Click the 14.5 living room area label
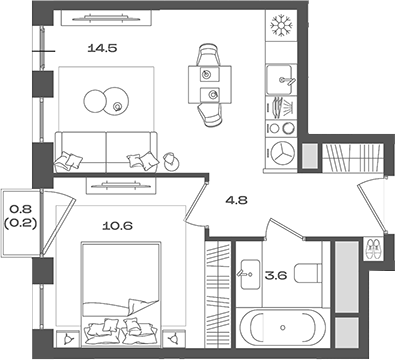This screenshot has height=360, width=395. tap(102, 48)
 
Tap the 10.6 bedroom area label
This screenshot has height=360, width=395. tap(117, 226)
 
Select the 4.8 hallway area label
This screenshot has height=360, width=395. tap(236, 200)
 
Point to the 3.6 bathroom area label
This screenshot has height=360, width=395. tap(276, 275)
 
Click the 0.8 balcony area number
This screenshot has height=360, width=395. tap(20, 209)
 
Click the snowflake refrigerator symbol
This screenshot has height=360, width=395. tap(281, 25)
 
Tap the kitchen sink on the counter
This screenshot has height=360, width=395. tap(280, 80)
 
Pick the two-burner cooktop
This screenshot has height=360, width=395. tap(282, 128)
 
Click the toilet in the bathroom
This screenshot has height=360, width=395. tap(308, 274)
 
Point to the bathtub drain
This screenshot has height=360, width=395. tap(283, 328)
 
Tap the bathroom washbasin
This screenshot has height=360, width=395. tap(249, 275)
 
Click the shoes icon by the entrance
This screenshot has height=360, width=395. tap(373, 248)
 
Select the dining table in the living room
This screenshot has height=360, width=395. tap(210, 85)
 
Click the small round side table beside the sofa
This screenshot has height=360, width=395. tap(172, 162)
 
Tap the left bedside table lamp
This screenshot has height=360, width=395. tap(68, 339)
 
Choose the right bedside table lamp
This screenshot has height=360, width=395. tap(174, 339)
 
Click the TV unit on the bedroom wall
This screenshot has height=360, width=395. tap(121, 185)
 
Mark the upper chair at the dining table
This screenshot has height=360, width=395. tap(209, 55)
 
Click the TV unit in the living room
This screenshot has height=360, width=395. tap(106, 18)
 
